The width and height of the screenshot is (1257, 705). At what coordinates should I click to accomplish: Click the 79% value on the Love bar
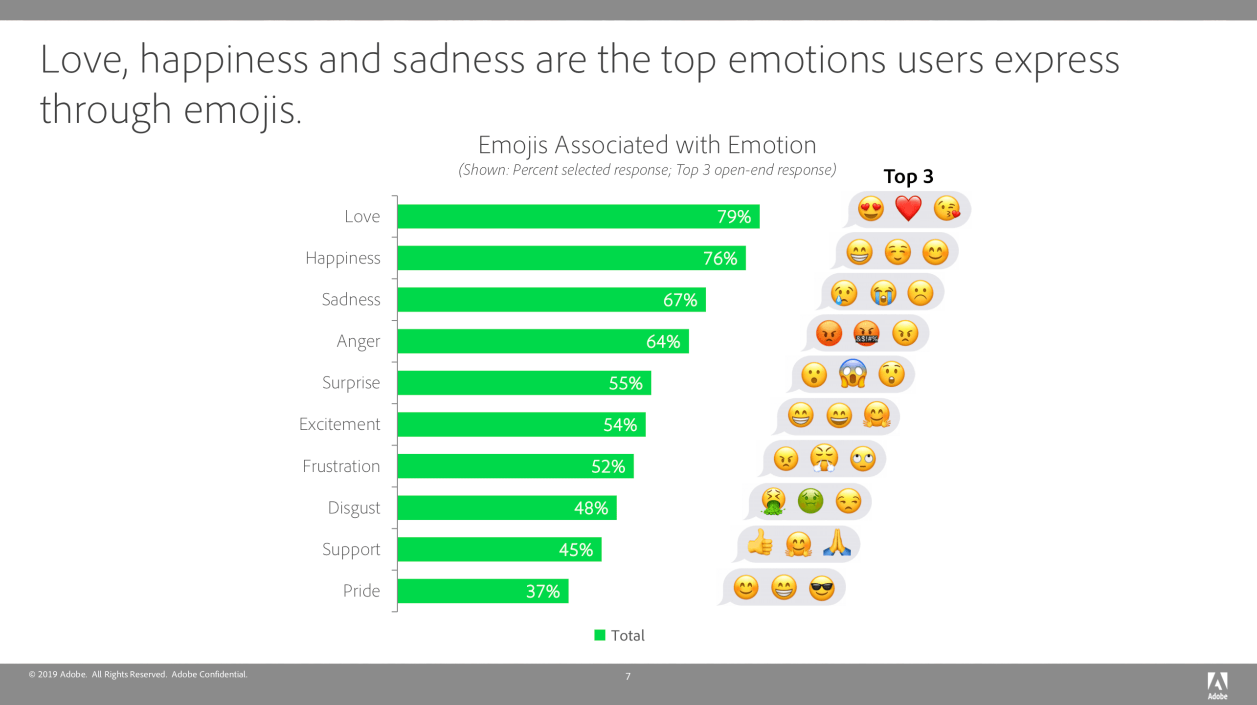734,217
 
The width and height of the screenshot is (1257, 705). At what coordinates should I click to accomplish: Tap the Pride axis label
361,591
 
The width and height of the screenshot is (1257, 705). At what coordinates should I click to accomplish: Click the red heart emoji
908,209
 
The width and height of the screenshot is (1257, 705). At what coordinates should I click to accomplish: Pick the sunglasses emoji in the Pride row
822,587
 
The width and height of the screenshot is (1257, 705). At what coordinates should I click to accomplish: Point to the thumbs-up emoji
760,543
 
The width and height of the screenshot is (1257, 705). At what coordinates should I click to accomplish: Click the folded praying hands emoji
837,543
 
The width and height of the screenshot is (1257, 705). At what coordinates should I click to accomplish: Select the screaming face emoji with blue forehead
853,374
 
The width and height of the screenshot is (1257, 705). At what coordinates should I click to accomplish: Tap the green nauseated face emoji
810,501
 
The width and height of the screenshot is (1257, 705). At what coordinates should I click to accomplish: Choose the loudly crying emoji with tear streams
883,293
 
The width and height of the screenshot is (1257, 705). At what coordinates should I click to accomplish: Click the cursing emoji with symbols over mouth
866,333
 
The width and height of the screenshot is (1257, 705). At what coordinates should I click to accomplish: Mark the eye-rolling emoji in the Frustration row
863,459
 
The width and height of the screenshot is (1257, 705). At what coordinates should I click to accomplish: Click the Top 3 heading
908,176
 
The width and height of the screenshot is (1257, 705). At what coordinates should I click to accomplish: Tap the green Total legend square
600,635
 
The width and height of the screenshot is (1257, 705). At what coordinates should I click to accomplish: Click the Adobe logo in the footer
1217,684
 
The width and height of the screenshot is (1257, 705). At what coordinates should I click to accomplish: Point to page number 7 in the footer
628,676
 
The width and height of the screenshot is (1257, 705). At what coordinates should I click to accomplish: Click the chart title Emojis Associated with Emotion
647,145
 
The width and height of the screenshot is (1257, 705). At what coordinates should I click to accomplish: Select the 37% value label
542,592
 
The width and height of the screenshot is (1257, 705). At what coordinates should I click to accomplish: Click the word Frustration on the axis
341,466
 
